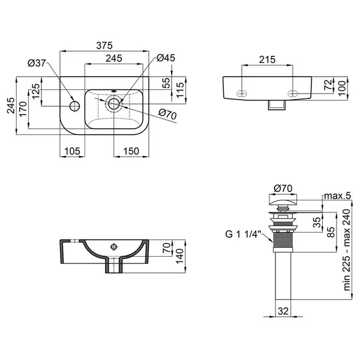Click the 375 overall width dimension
click(104, 46)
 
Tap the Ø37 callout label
click(37, 63)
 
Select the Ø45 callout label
click(166, 58)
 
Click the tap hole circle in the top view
click(74, 106)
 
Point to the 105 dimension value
click(73, 151)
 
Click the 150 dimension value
click(131, 151)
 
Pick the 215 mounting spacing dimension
click(267, 59)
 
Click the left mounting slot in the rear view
click(242, 93)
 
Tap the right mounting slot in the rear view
click(293, 93)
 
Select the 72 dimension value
click(329, 85)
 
